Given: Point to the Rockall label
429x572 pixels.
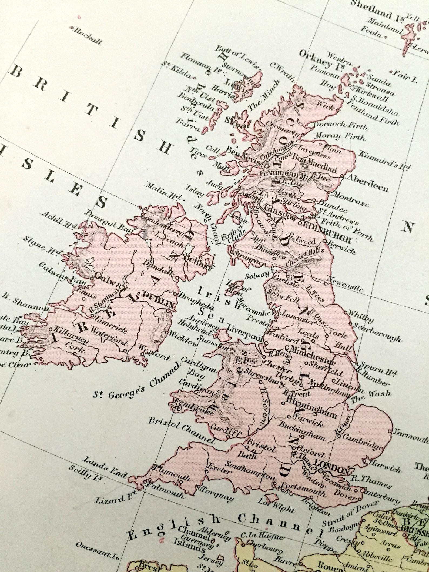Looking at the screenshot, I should (88, 36).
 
